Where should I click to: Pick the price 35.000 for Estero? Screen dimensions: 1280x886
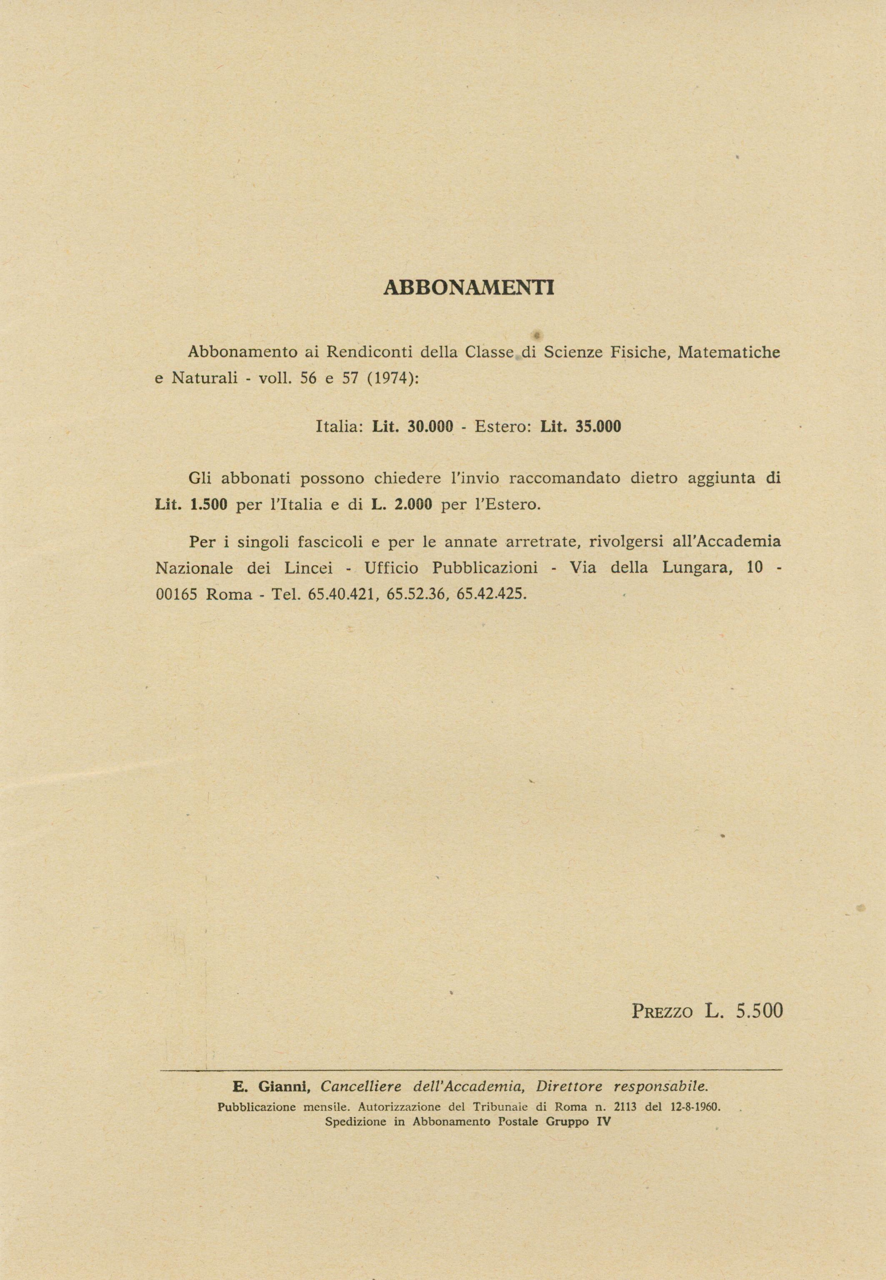tap(598, 427)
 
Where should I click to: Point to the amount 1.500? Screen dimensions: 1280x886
tap(208, 506)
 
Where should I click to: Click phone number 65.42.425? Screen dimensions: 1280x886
tap(490, 594)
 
